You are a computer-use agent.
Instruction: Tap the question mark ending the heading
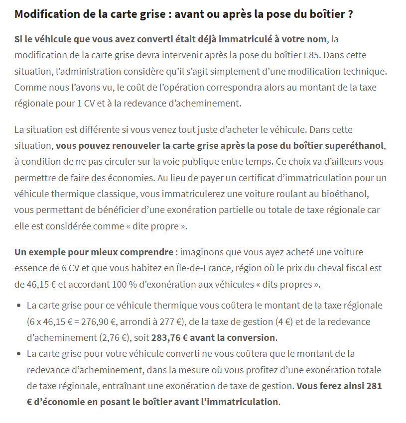pyautogui.click(x=350, y=13)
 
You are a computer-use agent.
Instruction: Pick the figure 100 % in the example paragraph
pyautogui.click(x=142, y=284)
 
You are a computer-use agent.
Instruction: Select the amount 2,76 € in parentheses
pyautogui.click(x=116, y=337)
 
